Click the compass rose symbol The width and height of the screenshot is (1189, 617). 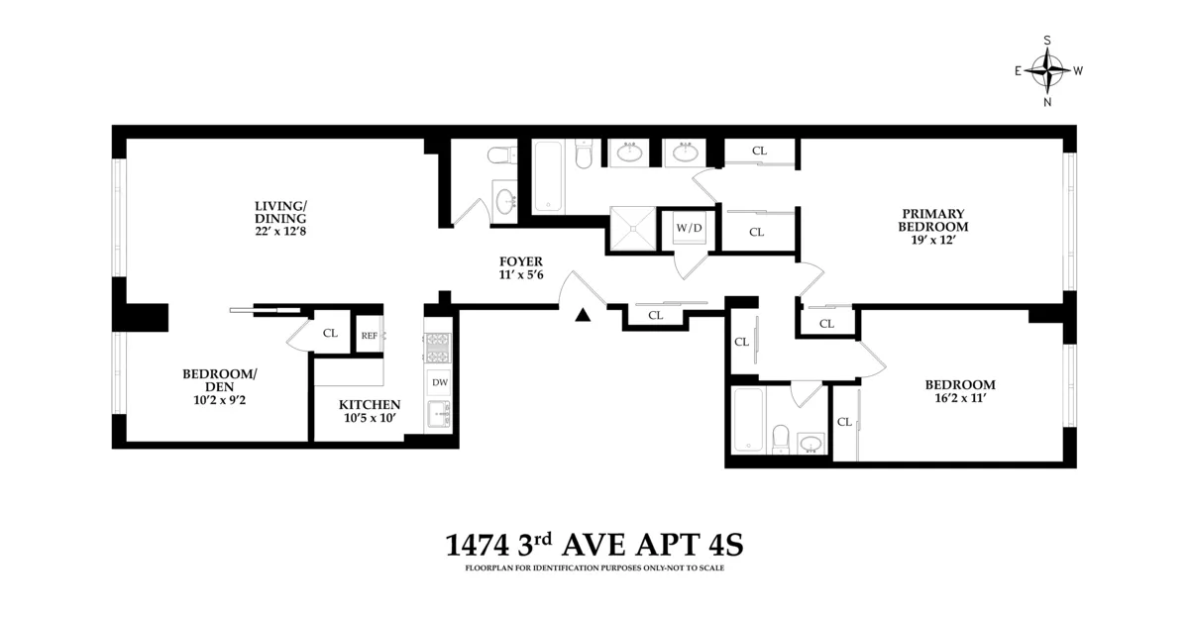click(1047, 70)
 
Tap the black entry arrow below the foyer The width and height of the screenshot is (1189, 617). click(584, 315)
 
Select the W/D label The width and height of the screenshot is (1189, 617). click(689, 229)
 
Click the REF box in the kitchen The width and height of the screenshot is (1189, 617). click(369, 335)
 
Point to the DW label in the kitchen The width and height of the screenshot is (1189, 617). click(440, 382)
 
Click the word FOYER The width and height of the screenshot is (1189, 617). click(521, 261)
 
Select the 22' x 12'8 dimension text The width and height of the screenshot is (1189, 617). click(280, 232)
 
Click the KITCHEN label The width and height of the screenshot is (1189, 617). click(370, 404)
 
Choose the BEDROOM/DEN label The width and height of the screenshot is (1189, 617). click(219, 380)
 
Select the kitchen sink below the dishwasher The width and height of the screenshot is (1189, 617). click(437, 415)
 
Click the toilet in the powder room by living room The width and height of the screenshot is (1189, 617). click(499, 155)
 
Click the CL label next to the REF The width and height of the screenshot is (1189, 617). click(330, 334)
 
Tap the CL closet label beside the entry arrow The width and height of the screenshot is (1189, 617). click(655, 316)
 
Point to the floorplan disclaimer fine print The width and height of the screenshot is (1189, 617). click(594, 568)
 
